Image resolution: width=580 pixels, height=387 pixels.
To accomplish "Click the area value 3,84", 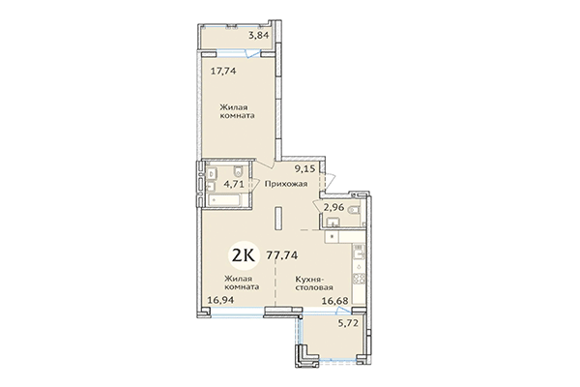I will pos(257,36).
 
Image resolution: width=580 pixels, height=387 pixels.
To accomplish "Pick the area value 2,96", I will pos(334,205).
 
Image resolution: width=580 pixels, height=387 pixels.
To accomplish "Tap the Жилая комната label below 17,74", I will pos(236,109).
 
